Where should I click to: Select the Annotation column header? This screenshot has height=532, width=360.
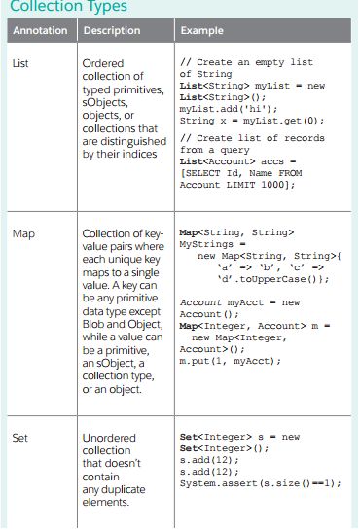click(x=39, y=31)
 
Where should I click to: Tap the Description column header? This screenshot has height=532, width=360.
click(x=111, y=31)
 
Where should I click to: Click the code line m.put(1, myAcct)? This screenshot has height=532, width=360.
click(x=230, y=361)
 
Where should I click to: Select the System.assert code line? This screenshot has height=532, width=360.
click(x=257, y=482)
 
